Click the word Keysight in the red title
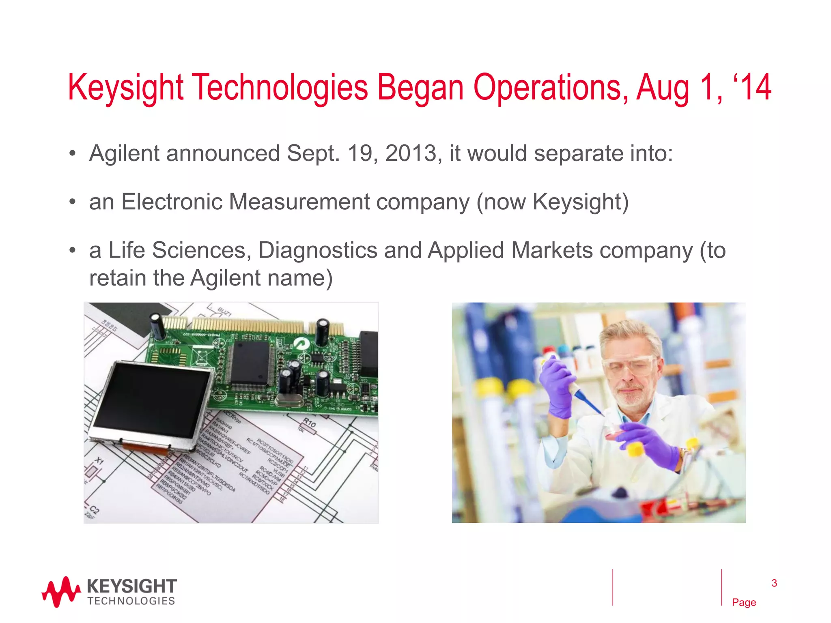point(126,88)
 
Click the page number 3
point(774,583)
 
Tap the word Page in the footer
point(744,602)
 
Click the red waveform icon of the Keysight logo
point(61,592)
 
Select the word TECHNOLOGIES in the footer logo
point(131,601)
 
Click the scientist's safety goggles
point(629,365)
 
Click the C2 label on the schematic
point(94,510)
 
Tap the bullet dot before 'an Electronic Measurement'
point(72,202)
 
